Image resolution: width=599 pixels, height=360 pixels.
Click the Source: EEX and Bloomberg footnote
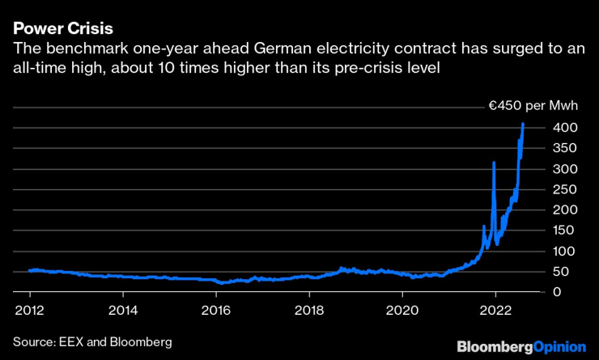point(92,342)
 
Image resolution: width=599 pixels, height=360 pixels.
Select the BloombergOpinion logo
point(520,346)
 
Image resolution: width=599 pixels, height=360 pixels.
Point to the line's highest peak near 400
point(523,124)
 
